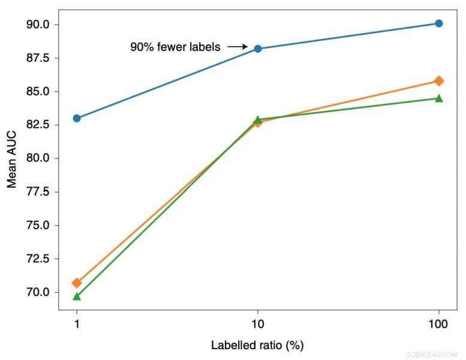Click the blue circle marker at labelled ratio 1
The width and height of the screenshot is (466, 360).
[x=77, y=118]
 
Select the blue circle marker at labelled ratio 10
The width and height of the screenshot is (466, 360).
[x=258, y=49]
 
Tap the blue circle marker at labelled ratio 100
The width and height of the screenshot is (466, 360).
[x=439, y=23]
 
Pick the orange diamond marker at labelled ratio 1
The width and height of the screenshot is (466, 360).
[x=77, y=283]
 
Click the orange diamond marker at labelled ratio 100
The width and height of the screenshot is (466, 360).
[x=439, y=80]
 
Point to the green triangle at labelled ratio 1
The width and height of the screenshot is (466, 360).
[x=77, y=296]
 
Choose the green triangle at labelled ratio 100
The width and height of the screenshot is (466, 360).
[x=439, y=98]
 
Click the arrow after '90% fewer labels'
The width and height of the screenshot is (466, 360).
[x=238, y=46]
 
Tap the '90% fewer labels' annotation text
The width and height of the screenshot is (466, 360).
[x=175, y=46]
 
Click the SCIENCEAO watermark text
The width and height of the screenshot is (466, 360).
[x=431, y=355]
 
